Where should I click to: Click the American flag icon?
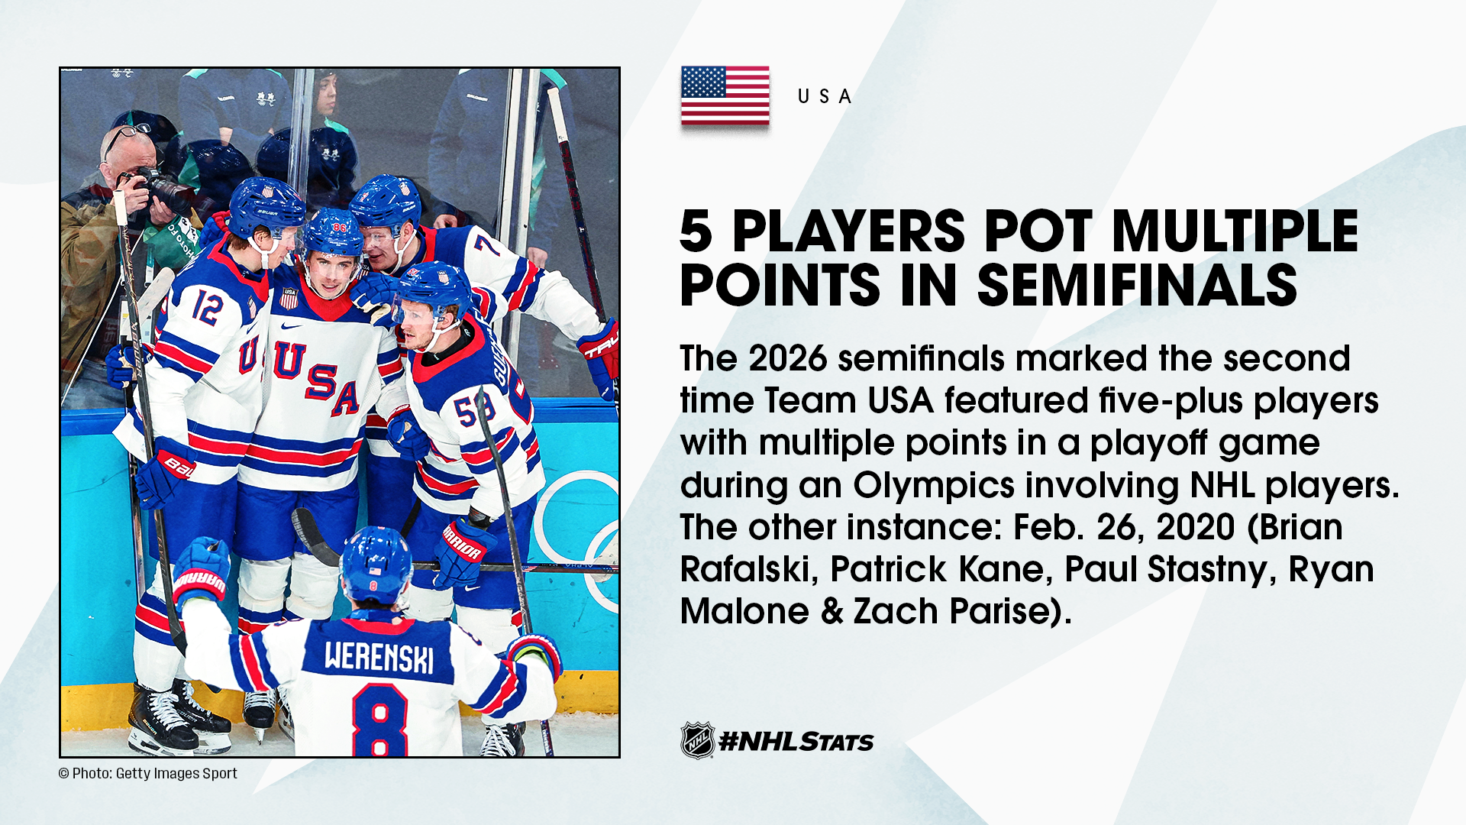tap(725, 95)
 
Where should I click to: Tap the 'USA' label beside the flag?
tap(825, 96)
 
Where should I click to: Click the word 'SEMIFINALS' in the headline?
tap(1137, 285)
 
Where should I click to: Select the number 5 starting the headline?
tap(696, 231)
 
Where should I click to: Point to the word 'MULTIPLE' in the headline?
tap(1235, 231)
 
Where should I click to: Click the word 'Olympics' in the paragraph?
tap(934, 485)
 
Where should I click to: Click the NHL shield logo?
tap(697, 740)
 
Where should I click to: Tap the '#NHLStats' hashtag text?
tap(796, 741)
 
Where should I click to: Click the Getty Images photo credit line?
tap(148, 773)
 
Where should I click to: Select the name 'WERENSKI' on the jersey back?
tap(379, 657)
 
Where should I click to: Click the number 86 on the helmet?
tap(339, 227)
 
